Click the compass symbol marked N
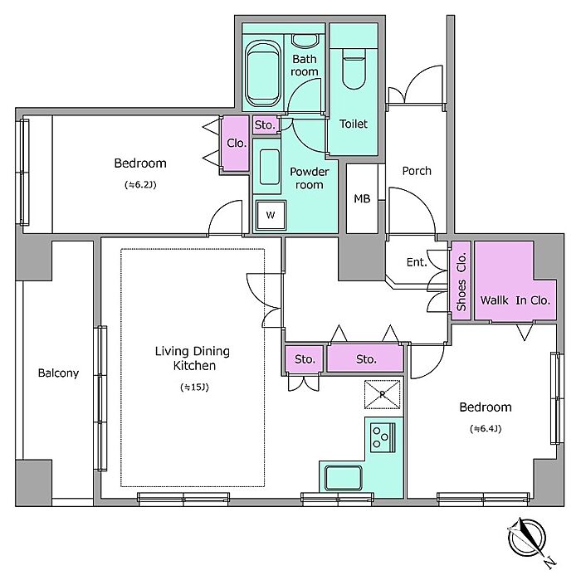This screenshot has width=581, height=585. pyautogui.click(x=527, y=539)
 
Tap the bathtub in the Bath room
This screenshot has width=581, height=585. pyautogui.click(x=263, y=74)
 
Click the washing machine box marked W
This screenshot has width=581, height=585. pyautogui.click(x=271, y=215)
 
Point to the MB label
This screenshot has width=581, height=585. pyautogui.click(x=362, y=199)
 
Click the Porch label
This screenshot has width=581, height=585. pyautogui.click(x=417, y=171)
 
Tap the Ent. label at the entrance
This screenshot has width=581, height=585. pyautogui.click(x=417, y=262)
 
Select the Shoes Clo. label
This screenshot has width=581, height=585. pyautogui.click(x=461, y=281)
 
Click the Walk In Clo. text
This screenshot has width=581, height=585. pyautogui.click(x=515, y=300)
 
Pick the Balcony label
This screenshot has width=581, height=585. pyautogui.click(x=58, y=373)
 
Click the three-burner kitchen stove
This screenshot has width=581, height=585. pyautogui.click(x=383, y=436)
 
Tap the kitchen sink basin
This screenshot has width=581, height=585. pyautogui.click(x=343, y=478)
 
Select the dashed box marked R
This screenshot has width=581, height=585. pyautogui.click(x=382, y=394)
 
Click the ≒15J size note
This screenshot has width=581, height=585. pyautogui.click(x=194, y=388)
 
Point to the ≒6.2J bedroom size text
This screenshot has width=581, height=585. pyautogui.click(x=140, y=185)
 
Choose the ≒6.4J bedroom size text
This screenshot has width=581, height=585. pyautogui.click(x=486, y=429)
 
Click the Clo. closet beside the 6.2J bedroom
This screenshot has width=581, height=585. pyautogui.click(x=237, y=143)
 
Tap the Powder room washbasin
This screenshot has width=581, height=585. pyautogui.click(x=270, y=167)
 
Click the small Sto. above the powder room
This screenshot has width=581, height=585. pyautogui.click(x=265, y=124)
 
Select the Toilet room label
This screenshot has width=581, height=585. pyautogui.click(x=354, y=124)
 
